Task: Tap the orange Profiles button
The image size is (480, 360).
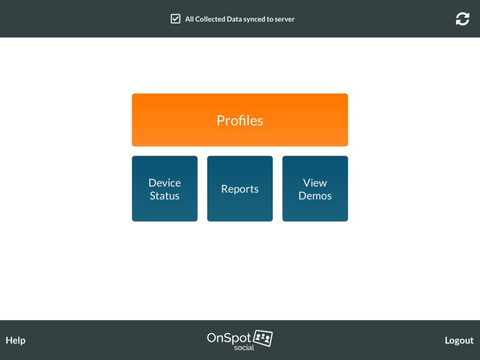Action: coord(240,120)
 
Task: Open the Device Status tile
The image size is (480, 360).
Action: coord(165,189)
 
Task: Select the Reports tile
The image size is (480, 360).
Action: coord(240,189)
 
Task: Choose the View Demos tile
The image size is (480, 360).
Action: coord(315,189)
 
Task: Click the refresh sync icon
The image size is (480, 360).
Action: coord(462,19)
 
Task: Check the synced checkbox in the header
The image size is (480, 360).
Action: coord(175,19)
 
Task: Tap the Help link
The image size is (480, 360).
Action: coord(15,340)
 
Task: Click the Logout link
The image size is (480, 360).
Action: coord(459,340)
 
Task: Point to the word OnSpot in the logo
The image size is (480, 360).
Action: coord(229,338)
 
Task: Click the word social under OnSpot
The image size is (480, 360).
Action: coord(244,348)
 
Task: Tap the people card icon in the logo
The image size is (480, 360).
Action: coord(263,338)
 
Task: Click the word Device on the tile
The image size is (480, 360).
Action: coord(165,183)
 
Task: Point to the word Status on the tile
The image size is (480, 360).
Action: coord(165,196)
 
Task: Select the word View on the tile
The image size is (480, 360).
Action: coord(315,183)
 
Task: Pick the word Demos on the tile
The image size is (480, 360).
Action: coord(315,196)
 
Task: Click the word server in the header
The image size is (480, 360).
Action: coord(285,19)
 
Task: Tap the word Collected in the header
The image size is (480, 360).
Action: coord(210,19)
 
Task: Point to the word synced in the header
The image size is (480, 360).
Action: coord(254,19)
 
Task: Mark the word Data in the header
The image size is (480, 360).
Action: coord(234,19)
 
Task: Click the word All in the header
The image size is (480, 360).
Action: coord(189,19)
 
